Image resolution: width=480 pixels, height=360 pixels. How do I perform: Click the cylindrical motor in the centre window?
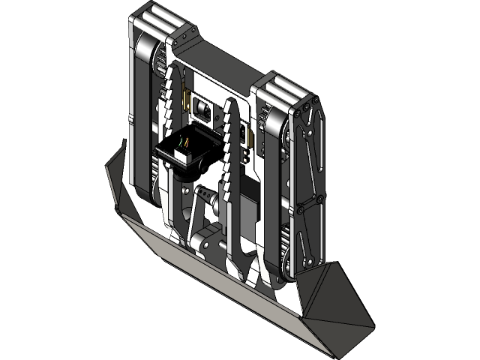(x=202, y=110)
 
